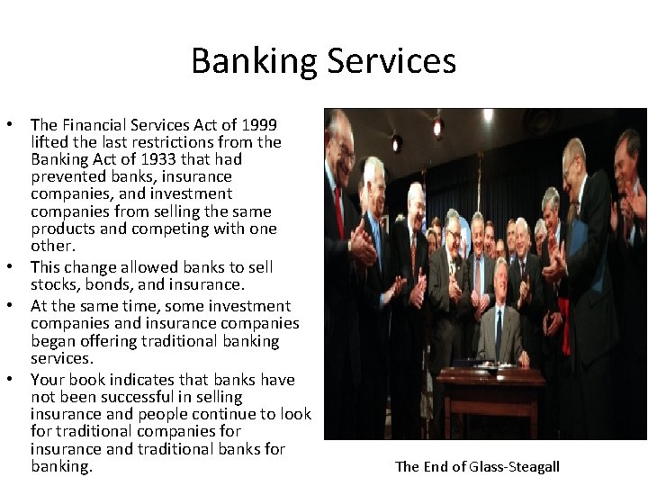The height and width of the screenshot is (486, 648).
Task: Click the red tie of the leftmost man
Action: coord(340,212)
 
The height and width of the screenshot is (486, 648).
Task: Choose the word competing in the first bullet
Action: coord(175,229)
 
